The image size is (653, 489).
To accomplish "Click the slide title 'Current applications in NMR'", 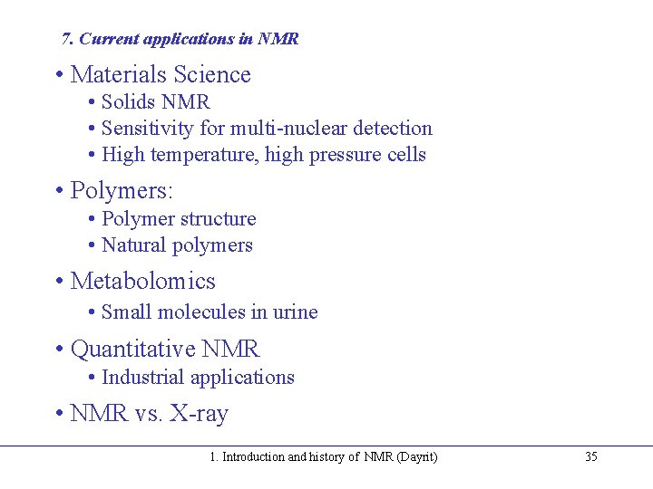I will point(189,39).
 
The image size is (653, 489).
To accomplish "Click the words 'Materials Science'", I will point(160,74).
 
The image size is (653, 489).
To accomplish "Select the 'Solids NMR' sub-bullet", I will point(155,102).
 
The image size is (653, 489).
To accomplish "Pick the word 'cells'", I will point(405,155).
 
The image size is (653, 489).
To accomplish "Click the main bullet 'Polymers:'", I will point(122,191).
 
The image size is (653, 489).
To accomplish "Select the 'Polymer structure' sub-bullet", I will point(179,219).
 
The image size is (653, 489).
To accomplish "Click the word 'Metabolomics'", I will point(142,282).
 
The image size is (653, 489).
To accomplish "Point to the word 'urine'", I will point(296,312).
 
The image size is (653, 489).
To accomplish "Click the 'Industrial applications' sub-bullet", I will point(198,378).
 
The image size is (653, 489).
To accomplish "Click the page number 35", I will point(590,457).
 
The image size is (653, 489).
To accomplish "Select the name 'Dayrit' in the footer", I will point(417,457).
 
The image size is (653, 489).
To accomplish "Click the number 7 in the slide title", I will point(65,39).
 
